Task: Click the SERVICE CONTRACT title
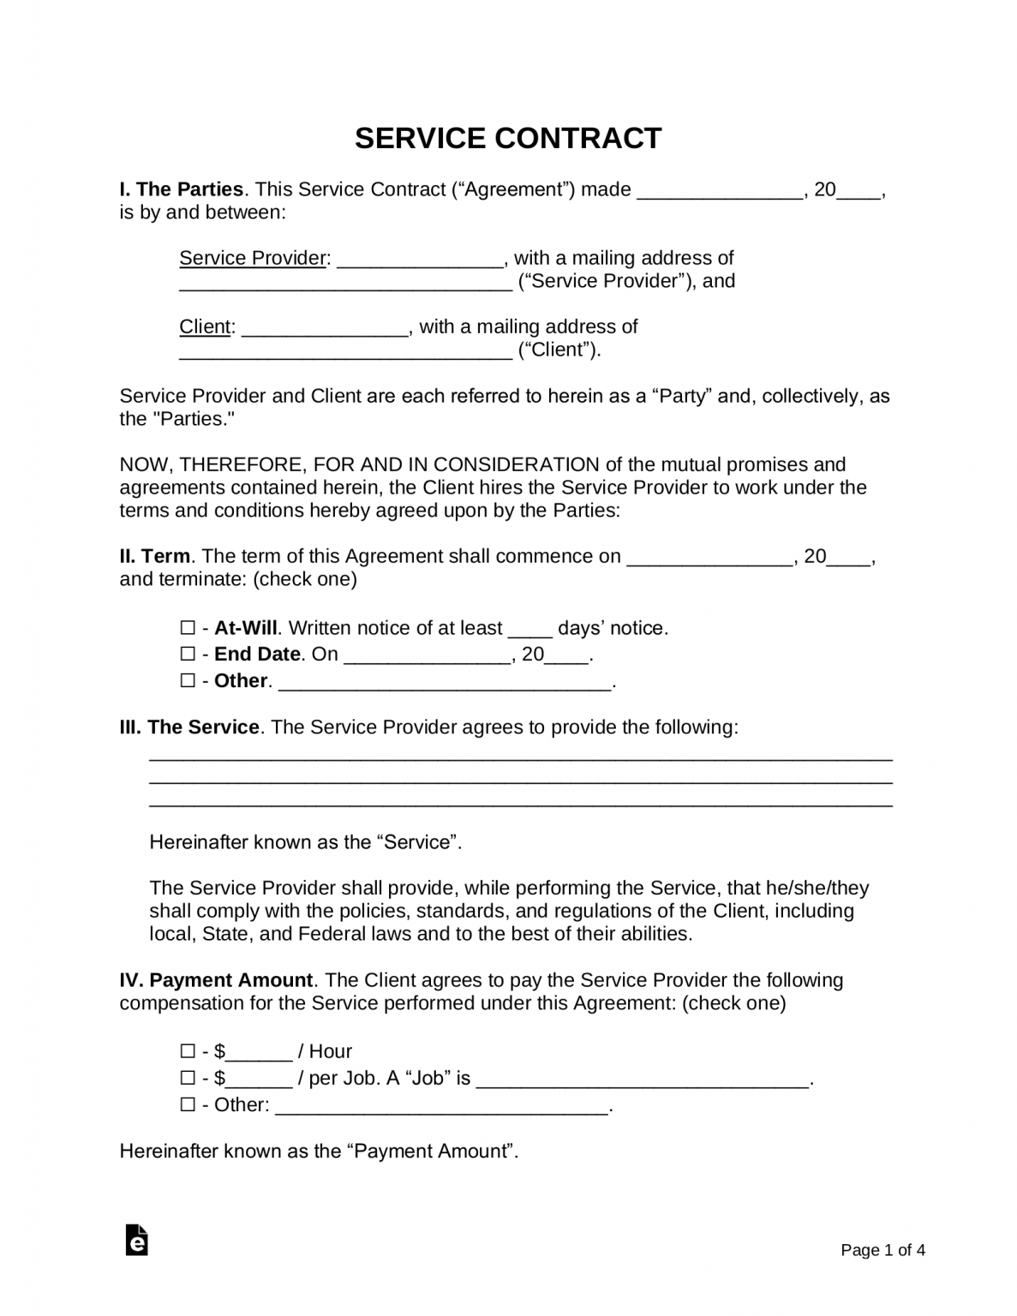pyautogui.click(x=508, y=138)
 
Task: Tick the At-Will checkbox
pyautogui.click(x=188, y=628)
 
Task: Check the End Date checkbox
pyautogui.click(x=188, y=655)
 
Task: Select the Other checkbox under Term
pyautogui.click(x=188, y=681)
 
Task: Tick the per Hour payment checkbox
pyautogui.click(x=188, y=1051)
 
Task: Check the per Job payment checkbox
pyautogui.click(x=188, y=1078)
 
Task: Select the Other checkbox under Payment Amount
pyautogui.click(x=188, y=1104)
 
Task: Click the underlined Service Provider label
pyautogui.click(x=253, y=258)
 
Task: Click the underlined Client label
pyautogui.click(x=205, y=326)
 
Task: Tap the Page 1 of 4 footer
pyautogui.click(x=882, y=1250)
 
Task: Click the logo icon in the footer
pyautogui.click(x=136, y=1240)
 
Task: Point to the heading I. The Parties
pyautogui.click(x=182, y=189)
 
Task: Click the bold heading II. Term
pyautogui.click(x=155, y=556)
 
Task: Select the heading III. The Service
pyautogui.click(x=189, y=727)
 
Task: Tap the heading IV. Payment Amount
pyautogui.click(x=216, y=980)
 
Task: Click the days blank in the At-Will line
pyautogui.click(x=530, y=630)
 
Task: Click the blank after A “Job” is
pyautogui.click(x=642, y=1080)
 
